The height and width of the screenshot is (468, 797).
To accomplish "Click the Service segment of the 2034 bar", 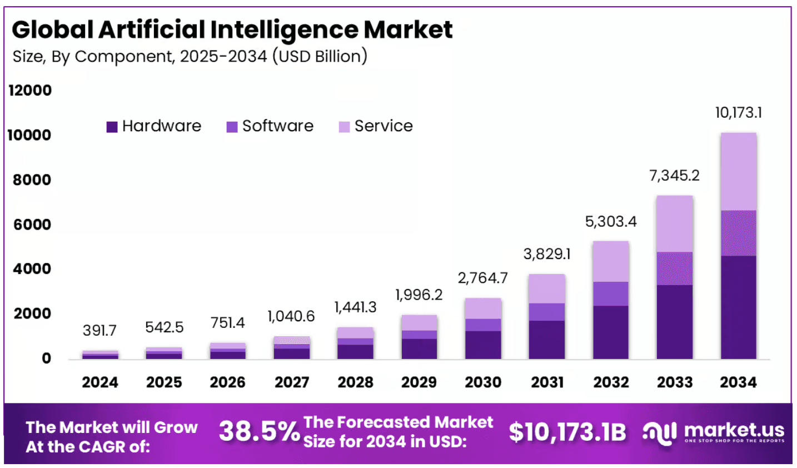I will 738,171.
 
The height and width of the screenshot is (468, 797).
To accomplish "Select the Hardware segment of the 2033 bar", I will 674,322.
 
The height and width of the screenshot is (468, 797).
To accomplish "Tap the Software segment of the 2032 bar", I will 610,293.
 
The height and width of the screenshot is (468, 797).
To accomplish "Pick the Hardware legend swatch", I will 112,127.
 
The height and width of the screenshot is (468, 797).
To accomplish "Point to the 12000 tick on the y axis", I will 30,90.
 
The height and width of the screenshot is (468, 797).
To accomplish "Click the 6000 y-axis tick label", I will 32,225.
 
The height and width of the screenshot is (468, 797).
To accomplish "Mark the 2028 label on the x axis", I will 356,382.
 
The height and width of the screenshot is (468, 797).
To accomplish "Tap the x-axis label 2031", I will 547,382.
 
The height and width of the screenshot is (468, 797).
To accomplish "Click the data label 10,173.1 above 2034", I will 738,113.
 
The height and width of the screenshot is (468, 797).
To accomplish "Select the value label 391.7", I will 99,331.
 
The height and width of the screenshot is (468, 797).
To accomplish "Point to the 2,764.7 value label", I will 482,278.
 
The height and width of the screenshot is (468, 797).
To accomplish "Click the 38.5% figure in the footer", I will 259,432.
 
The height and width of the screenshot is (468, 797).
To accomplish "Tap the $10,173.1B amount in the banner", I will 567,432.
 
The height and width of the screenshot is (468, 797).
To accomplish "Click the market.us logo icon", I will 660,432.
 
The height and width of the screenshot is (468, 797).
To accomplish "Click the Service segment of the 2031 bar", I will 547,288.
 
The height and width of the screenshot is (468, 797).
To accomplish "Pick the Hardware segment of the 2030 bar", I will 483,345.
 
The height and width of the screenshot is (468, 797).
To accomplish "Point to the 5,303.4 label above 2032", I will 610,222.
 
